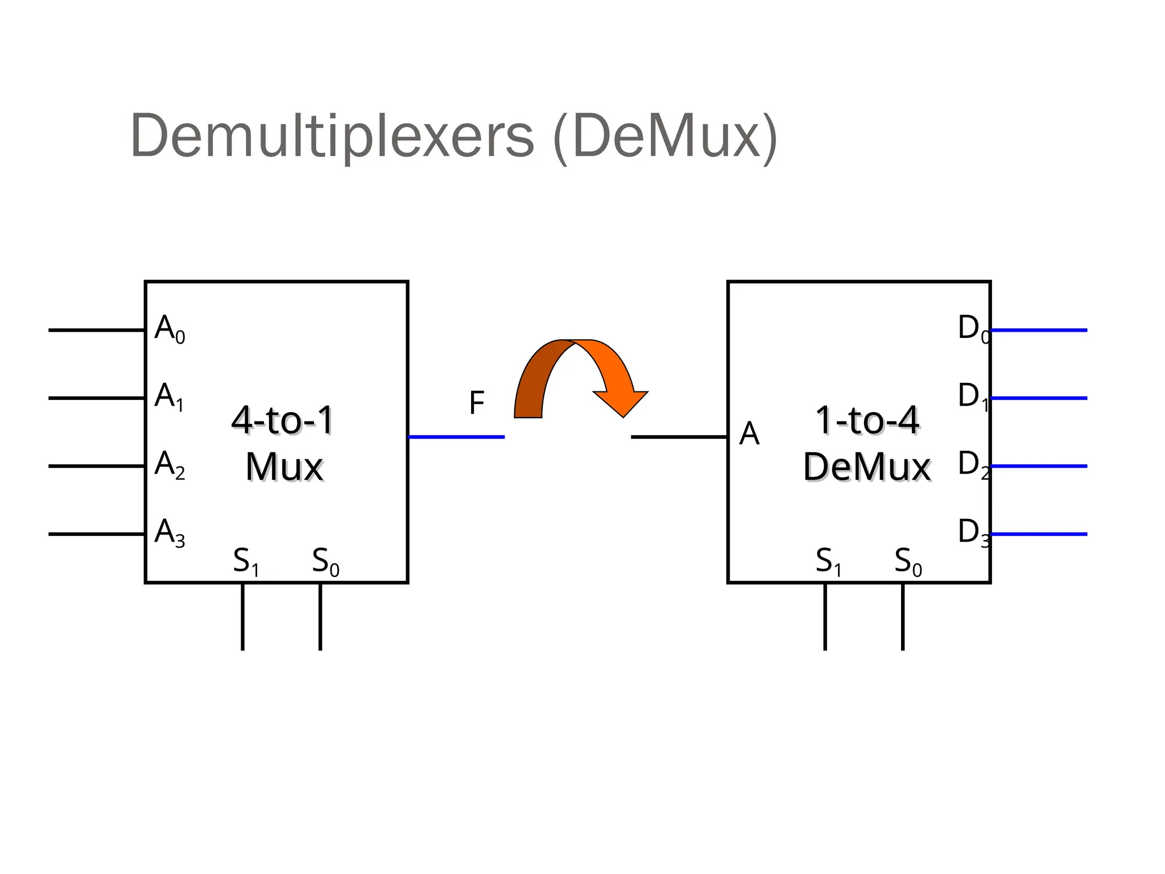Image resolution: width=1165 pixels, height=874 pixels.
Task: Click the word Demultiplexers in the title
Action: (332, 137)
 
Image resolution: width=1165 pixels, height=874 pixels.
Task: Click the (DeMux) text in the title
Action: (664, 137)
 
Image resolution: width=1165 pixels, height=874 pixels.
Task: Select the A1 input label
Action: (169, 397)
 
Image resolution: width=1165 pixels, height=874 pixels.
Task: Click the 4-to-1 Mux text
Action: (283, 444)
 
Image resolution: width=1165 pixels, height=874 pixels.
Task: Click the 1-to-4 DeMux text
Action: (866, 444)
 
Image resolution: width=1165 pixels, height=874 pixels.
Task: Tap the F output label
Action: (477, 403)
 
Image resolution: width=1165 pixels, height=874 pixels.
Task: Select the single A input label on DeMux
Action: (749, 435)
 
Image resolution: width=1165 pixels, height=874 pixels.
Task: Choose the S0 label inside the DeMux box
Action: (907, 562)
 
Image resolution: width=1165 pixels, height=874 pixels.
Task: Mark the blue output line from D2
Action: (1039, 466)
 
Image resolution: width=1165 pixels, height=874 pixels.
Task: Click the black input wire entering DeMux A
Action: (679, 437)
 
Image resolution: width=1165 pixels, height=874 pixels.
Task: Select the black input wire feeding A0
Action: (96, 330)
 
